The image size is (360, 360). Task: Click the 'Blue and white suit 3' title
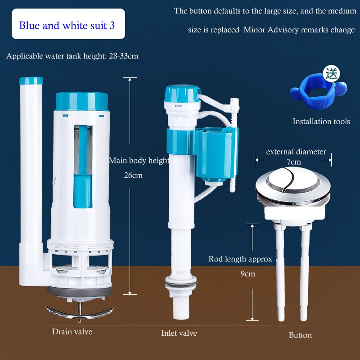click(x=67, y=25)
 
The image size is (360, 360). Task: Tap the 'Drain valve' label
click(x=72, y=332)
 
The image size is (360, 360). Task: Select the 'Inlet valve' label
click(x=179, y=333)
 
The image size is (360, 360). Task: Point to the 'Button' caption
click(x=300, y=335)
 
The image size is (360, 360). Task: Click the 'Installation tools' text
click(x=321, y=121)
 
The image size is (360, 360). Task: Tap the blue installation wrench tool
click(x=320, y=94)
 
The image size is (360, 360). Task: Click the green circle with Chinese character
click(x=332, y=73)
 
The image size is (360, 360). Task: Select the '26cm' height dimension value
click(x=133, y=175)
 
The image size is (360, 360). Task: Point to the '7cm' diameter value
click(x=294, y=162)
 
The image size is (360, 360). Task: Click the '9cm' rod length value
click(x=247, y=273)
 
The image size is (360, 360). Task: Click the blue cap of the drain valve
click(x=81, y=101)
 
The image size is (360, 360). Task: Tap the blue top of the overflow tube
click(x=31, y=81)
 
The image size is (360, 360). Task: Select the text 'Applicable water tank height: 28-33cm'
click(x=72, y=56)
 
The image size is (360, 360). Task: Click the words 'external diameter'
click(x=296, y=152)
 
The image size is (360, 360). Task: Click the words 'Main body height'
click(x=139, y=161)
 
